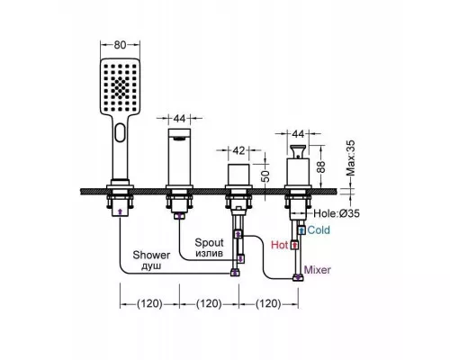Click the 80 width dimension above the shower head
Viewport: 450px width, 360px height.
click(x=120, y=45)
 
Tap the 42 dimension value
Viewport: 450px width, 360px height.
click(x=238, y=150)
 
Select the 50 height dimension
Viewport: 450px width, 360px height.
click(x=265, y=176)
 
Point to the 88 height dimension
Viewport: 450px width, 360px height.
click(x=321, y=166)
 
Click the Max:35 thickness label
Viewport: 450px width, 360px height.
click(x=350, y=158)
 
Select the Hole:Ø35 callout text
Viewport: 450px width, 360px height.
click(x=337, y=213)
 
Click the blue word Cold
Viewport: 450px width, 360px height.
click(x=319, y=230)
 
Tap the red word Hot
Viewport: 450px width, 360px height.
click(x=280, y=245)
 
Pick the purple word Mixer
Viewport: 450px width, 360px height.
click(x=318, y=270)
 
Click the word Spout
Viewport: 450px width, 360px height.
click(x=209, y=242)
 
